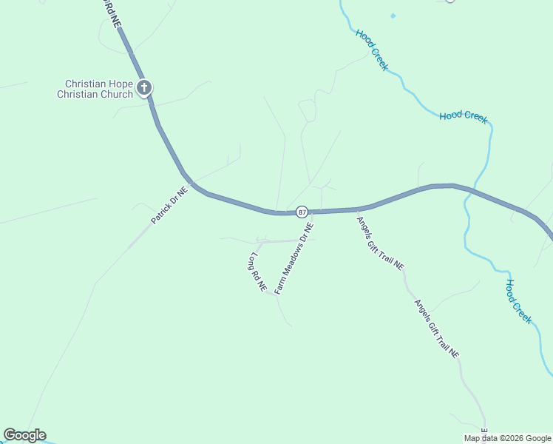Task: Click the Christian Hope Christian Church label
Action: (x=98, y=90)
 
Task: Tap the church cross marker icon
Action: (x=144, y=89)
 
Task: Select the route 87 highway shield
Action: (x=302, y=212)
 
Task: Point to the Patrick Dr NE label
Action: (x=169, y=205)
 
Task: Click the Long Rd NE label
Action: (x=257, y=272)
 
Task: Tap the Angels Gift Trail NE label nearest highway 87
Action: (x=380, y=242)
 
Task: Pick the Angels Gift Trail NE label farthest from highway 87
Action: (x=437, y=329)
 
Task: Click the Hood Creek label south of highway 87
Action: (x=518, y=300)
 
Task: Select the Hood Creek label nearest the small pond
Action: (x=371, y=50)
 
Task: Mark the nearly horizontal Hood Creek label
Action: (x=464, y=116)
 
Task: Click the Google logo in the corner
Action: (x=24, y=435)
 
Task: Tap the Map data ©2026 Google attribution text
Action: (x=507, y=438)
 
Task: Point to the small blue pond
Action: (x=393, y=16)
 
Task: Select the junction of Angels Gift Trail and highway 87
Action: (x=357, y=209)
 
